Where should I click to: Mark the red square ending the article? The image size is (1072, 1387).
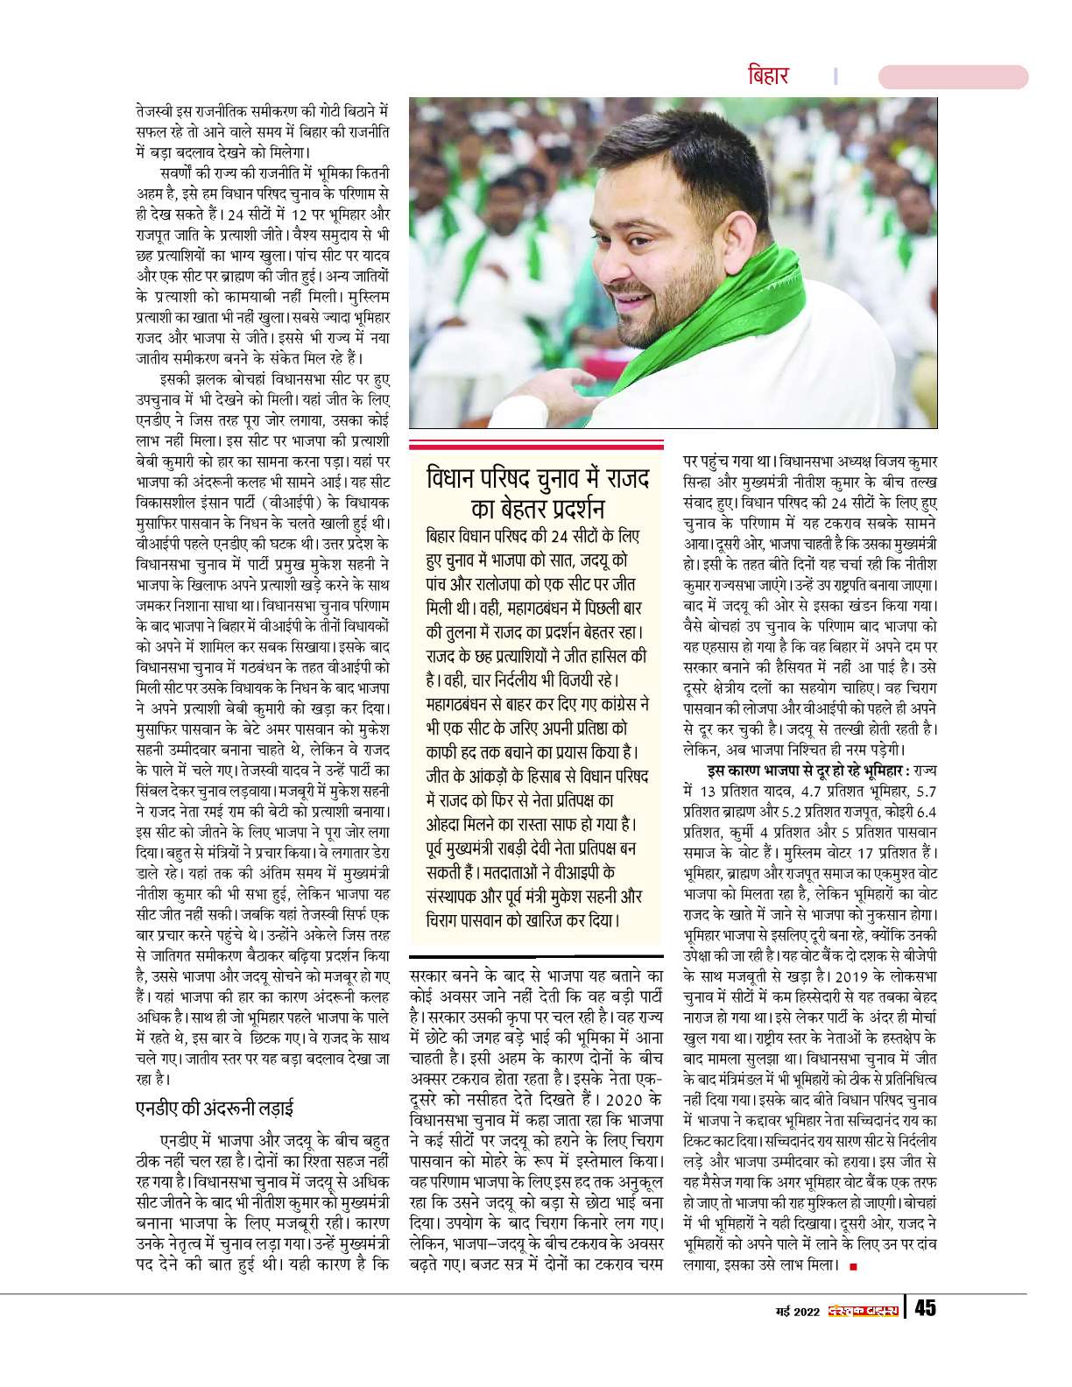(x=853, y=1266)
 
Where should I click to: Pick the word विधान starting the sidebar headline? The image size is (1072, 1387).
(x=450, y=480)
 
